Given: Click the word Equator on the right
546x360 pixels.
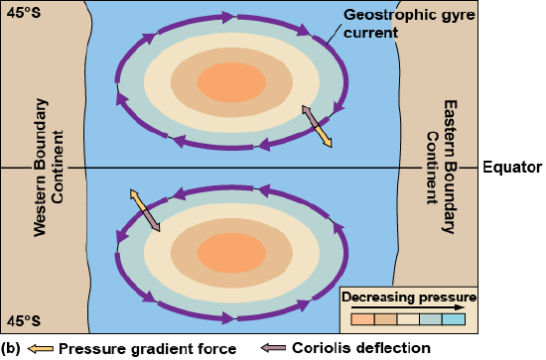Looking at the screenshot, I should tap(512, 167).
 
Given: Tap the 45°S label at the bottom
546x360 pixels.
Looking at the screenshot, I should tap(23, 320).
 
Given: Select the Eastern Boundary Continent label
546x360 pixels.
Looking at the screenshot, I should tap(438, 167).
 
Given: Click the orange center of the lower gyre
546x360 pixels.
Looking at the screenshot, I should tap(231, 250).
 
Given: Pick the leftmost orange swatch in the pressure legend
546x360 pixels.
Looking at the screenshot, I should tap(361, 319).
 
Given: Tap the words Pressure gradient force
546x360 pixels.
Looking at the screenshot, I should tap(147, 348).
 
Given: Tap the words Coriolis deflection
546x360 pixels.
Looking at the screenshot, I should tap(360, 348).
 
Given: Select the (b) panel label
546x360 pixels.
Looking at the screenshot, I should tap(11, 348).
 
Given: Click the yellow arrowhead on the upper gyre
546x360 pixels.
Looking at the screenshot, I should tap(328, 145).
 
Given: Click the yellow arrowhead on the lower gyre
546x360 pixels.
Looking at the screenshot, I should tap(134, 195).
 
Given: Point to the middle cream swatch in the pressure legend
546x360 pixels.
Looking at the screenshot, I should tap(407, 319).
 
